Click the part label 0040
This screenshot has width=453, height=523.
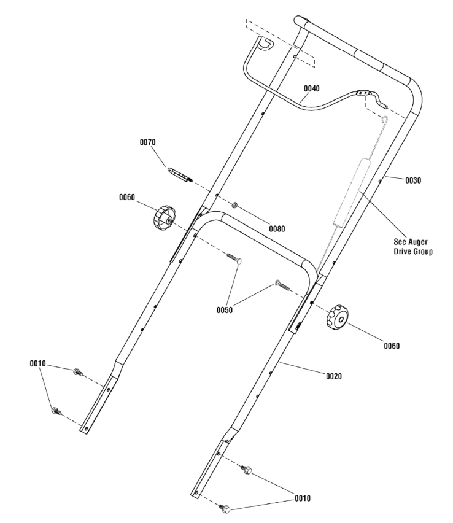311,88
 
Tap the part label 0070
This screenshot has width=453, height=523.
148,142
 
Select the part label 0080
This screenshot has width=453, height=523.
277,228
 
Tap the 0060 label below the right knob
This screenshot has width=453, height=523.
391,346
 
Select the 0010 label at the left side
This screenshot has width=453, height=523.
38,363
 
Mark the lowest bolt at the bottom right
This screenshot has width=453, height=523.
225,508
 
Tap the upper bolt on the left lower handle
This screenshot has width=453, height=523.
78,371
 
